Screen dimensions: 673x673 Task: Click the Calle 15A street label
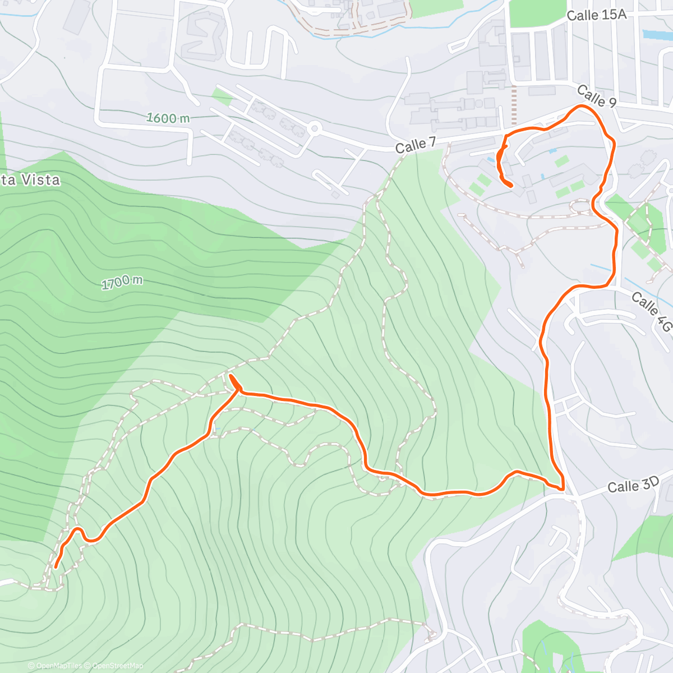click(596, 15)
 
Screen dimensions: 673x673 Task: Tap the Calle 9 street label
click(596, 96)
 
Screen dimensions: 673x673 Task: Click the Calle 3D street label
click(633, 486)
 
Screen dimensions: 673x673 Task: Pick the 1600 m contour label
click(168, 118)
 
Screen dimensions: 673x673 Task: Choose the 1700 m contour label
click(122, 282)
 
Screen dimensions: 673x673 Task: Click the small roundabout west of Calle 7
click(314, 129)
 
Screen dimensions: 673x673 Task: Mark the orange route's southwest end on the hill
click(56, 567)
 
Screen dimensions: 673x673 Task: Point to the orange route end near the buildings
click(511, 185)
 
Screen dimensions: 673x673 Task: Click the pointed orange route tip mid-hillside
click(231, 376)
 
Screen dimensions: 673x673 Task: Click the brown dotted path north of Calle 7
click(514, 107)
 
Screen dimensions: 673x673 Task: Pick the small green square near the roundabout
click(222, 97)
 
